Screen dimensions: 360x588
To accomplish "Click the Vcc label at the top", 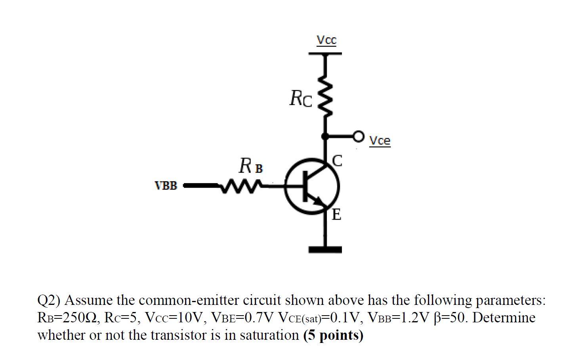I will click(326, 40).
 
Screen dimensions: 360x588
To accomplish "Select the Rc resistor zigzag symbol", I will click(325, 95).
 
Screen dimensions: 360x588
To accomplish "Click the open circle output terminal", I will click(359, 136).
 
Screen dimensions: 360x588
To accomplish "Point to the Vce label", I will click(380, 141).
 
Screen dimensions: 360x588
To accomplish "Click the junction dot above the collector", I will click(325, 136).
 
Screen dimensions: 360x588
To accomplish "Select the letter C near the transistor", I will click(337, 161).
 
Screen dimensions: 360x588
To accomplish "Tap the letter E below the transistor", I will click(336, 215).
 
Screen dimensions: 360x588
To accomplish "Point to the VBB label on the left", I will click(166, 186).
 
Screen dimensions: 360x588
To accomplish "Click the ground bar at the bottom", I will click(325, 249).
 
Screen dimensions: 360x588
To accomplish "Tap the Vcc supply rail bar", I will click(325, 53).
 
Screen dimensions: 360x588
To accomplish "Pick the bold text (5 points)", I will click(333, 335).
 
